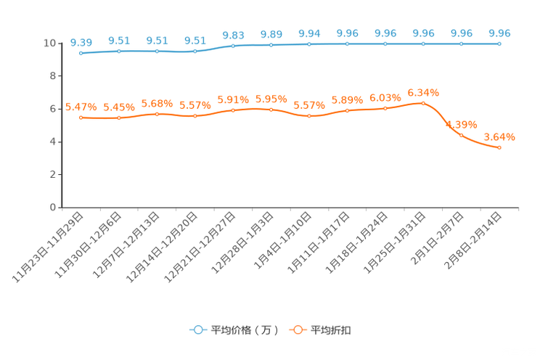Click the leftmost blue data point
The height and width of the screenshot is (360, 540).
coord(81,53)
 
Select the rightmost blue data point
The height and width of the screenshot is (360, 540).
coord(499,44)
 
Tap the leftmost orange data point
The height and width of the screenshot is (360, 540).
coord(81,118)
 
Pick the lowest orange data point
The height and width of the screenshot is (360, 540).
coord(499,148)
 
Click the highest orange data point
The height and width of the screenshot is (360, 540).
coord(423,103)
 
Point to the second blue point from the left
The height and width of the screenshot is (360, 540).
coord(119,51)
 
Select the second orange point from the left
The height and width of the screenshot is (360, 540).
coord(119,118)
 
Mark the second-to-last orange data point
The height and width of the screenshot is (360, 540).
coord(461,135)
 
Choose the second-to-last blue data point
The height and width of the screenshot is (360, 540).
coord(461,44)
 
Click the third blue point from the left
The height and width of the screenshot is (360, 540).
coord(157,51)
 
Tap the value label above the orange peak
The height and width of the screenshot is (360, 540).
coord(423,93)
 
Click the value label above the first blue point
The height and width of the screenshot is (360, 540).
coord(81,42)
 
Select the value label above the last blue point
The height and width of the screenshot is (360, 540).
coord(499,33)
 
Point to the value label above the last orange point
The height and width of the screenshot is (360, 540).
coord(499,136)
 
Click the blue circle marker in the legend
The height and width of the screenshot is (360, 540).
coord(197,330)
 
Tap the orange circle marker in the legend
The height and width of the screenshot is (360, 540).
coord(298,330)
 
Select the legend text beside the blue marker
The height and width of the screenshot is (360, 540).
coord(245,330)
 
